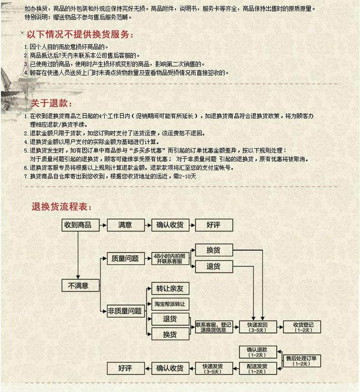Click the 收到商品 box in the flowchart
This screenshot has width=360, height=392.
(77, 225)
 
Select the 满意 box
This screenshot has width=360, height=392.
(125, 225)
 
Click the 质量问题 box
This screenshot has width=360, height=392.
(125, 258)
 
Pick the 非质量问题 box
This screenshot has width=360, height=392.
(125, 311)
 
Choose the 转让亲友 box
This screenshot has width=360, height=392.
(170, 289)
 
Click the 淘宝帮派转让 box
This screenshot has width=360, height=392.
(170, 304)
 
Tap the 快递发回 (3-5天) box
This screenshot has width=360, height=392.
(258, 326)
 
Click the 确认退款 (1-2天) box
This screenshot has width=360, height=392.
(258, 351)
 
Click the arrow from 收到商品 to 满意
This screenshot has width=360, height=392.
(100, 225)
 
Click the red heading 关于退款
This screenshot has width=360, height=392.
(51, 104)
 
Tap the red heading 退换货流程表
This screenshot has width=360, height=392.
(61, 207)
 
